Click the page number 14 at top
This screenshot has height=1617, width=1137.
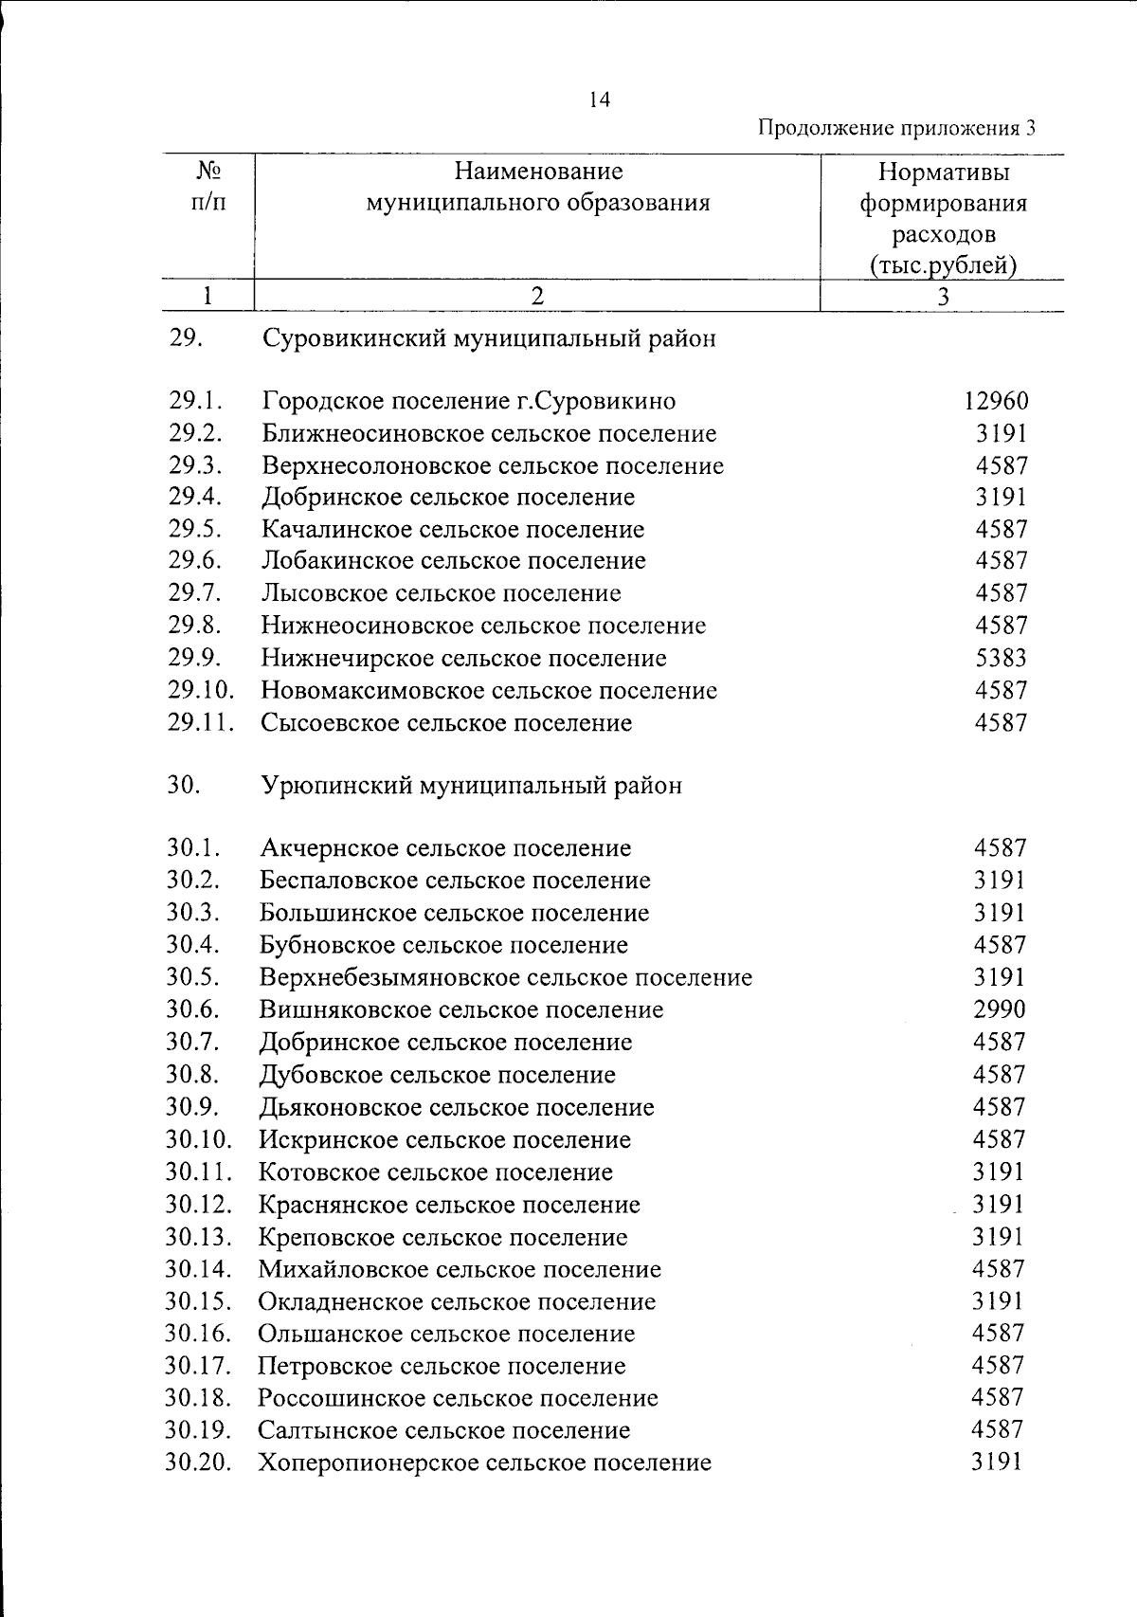tap(599, 100)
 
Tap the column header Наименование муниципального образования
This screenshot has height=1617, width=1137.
tap(538, 187)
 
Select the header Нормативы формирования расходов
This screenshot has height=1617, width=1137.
tap(943, 218)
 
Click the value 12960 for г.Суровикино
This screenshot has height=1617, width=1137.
tap(996, 401)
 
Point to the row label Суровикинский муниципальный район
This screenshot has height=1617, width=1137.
tap(489, 338)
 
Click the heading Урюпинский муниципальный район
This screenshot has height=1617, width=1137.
tap(471, 786)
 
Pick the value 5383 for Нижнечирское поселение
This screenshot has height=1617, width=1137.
tap(1002, 658)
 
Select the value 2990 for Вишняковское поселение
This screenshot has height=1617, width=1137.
tap(1000, 1009)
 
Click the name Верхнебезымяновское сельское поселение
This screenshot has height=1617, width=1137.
tap(506, 977)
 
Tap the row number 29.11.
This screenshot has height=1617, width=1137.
tap(201, 722)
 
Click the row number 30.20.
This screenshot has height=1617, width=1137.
tap(199, 1463)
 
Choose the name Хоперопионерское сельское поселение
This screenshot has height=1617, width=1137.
tap(484, 1463)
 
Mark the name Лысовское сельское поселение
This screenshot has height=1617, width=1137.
tap(442, 593)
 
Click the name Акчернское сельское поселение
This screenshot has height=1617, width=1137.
tap(445, 848)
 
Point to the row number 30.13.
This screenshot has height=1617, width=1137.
tap(199, 1237)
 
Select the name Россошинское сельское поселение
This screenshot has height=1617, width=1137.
tap(458, 1398)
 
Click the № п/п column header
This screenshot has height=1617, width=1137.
tap(208, 187)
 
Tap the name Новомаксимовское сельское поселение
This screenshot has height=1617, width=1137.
tap(489, 690)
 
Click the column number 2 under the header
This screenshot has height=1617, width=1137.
tap(537, 296)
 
